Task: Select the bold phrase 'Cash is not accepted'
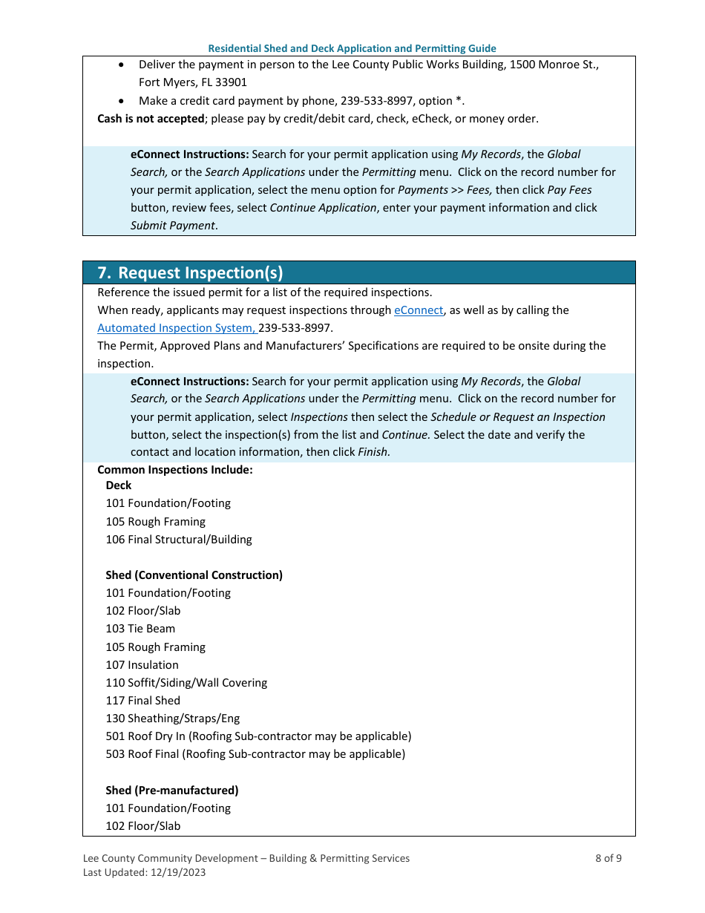pos(151,119)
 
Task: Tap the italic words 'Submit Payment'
pos(173,226)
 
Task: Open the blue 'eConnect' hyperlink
pos(419,310)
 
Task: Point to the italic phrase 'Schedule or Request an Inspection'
pos(518,417)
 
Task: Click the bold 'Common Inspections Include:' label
pos(175,470)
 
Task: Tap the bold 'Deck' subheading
pos(119,485)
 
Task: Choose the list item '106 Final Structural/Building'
pos(179,540)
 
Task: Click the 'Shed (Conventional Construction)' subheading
pos(194,575)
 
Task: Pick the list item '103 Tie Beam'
pos(140,629)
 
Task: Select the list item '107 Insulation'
pos(142,665)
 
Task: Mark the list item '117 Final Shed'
pos(142,701)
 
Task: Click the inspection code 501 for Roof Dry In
pos(115,736)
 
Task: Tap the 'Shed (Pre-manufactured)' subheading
pos(172,791)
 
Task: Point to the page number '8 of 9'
pos(609,859)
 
